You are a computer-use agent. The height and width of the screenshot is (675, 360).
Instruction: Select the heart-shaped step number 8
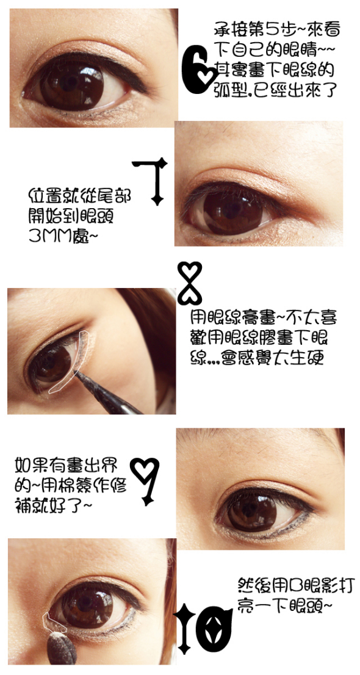pos(190,283)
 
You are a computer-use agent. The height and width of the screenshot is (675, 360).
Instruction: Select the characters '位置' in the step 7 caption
pos(42,195)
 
